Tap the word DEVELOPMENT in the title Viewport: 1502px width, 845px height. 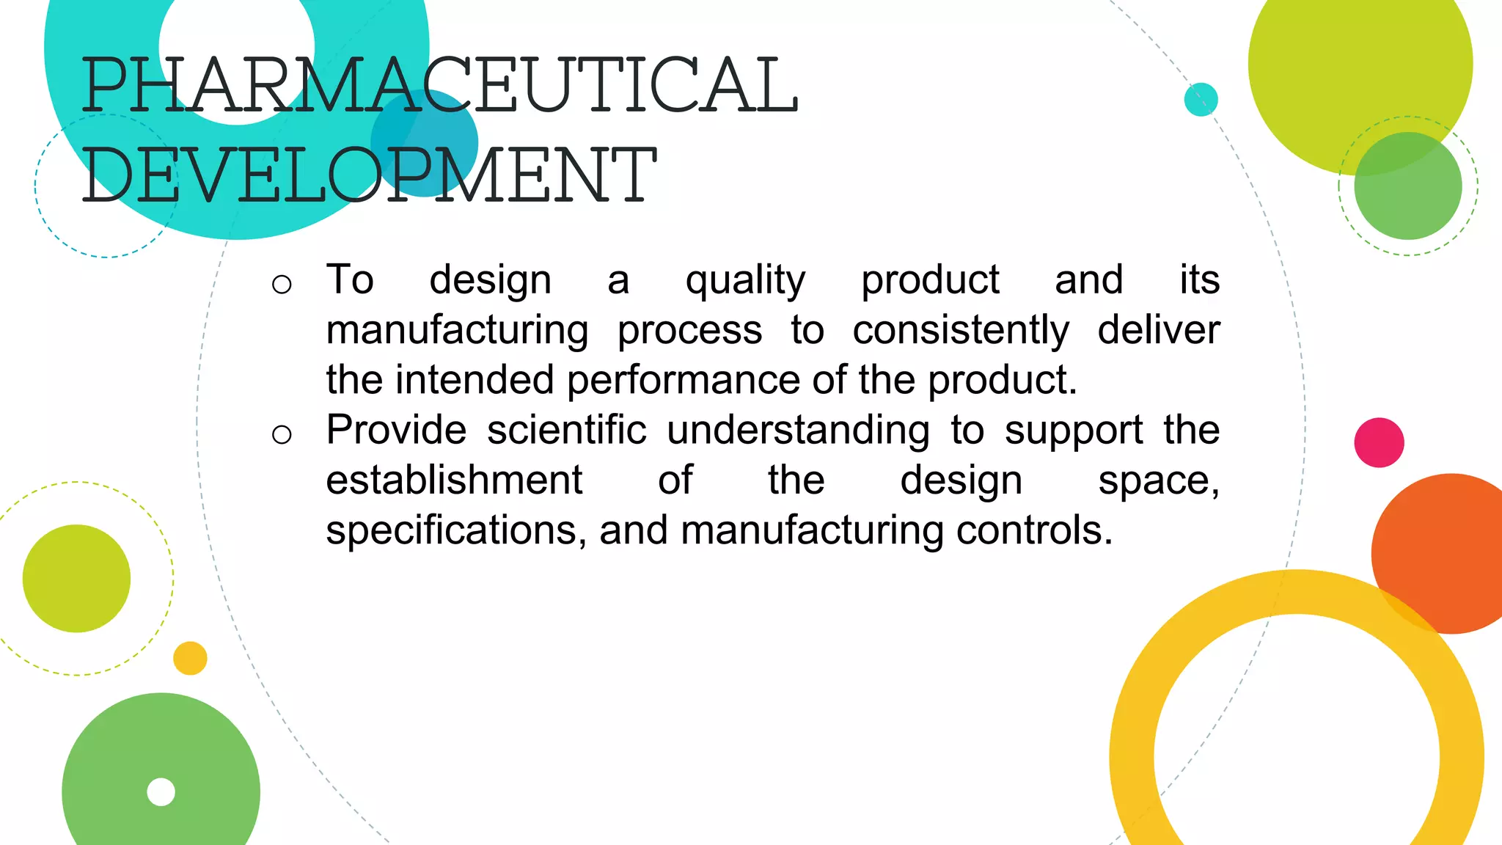[x=369, y=175]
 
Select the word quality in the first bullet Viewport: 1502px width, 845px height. [x=745, y=281]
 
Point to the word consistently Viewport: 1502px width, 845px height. [x=961, y=331]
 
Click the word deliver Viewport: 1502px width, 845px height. [x=1159, y=330]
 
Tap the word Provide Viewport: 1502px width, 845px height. [x=396, y=430]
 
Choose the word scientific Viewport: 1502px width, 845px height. [x=567, y=430]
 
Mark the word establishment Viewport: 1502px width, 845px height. [x=454, y=480]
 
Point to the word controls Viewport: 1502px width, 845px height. [x=1034, y=530]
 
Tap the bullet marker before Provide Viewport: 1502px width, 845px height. [x=282, y=435]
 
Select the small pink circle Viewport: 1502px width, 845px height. [x=1379, y=442]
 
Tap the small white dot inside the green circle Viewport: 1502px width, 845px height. [x=161, y=792]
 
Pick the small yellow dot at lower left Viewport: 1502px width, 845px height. [x=190, y=658]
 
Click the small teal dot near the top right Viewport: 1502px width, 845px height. [x=1201, y=99]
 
